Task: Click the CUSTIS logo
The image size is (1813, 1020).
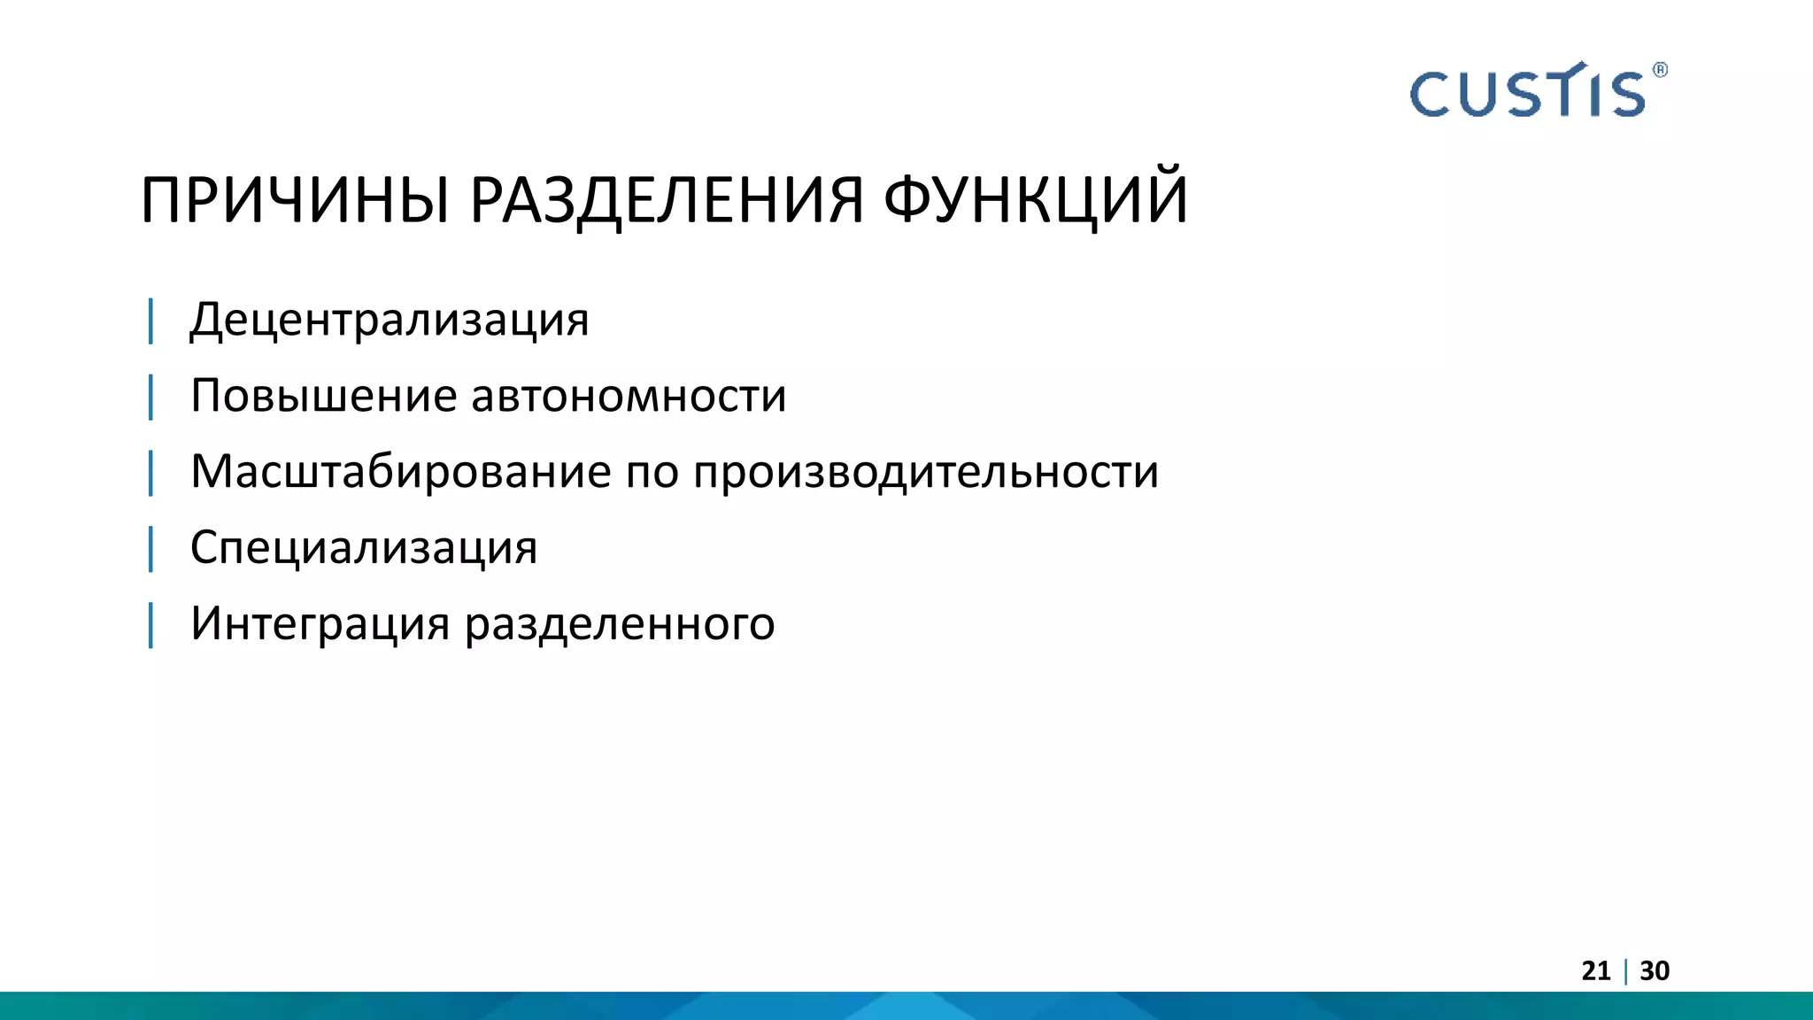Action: point(1527,93)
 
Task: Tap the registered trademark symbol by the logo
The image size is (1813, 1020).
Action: point(1660,70)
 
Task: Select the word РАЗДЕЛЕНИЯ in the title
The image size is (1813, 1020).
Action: point(666,200)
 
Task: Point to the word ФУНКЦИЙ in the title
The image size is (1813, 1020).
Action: point(1035,200)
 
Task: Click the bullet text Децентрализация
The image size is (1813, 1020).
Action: point(390,320)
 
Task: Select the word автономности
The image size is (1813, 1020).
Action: point(629,396)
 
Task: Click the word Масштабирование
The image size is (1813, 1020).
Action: point(400,471)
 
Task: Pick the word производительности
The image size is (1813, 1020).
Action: point(925,471)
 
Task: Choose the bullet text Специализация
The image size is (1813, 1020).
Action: point(363,547)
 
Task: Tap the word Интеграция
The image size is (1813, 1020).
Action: point(320,624)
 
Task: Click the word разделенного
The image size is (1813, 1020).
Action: point(620,624)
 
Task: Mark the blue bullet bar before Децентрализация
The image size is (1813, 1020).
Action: point(150,321)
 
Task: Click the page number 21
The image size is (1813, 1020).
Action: point(1595,971)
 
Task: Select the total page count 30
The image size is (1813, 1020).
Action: point(1655,971)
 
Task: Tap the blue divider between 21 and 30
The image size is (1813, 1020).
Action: point(1625,971)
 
